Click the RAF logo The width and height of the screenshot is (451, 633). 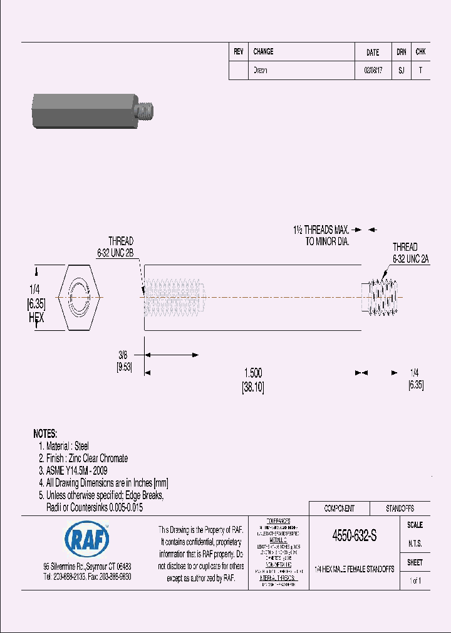(x=87, y=538)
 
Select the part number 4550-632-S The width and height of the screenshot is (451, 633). (x=354, y=537)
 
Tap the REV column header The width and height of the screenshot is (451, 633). (x=239, y=52)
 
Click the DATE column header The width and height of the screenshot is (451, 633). (x=373, y=53)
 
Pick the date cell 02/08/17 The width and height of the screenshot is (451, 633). (x=373, y=71)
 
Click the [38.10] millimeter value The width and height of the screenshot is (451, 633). (x=253, y=388)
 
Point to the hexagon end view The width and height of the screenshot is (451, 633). (x=80, y=297)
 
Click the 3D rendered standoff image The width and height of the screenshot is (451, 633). (x=92, y=111)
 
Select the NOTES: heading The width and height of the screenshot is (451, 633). (x=44, y=433)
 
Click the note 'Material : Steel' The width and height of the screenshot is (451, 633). (x=67, y=446)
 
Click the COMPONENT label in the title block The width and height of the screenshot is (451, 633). (x=339, y=509)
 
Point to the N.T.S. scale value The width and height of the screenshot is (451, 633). (x=415, y=544)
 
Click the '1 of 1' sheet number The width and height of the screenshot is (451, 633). (x=415, y=581)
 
